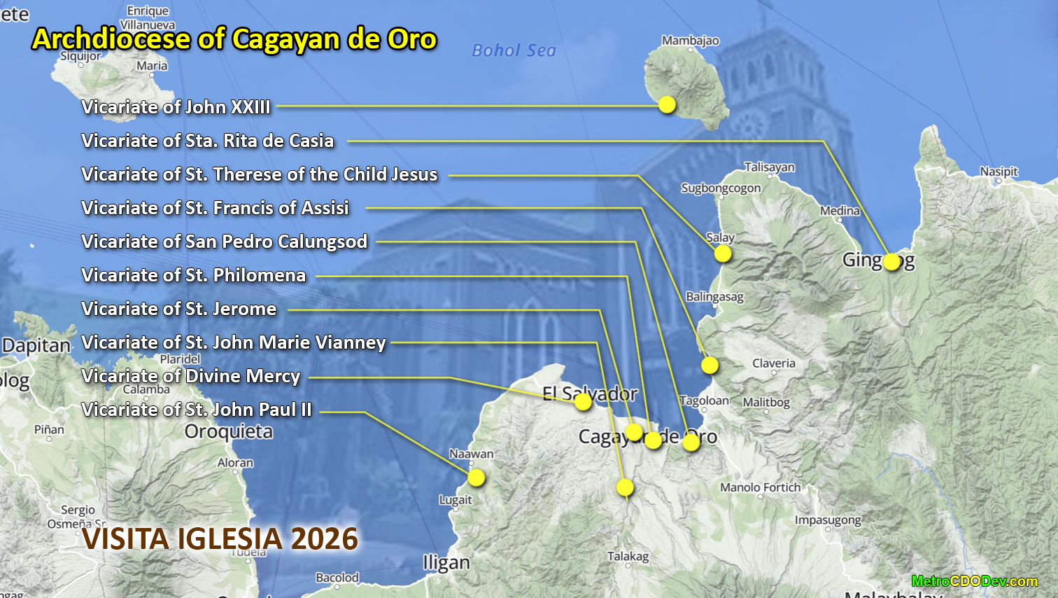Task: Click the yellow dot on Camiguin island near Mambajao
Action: pos(667,104)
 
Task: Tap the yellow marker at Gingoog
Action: pos(891,262)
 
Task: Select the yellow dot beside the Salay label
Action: pos(723,253)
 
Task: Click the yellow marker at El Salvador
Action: pos(583,402)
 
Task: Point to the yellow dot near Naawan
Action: pos(477,478)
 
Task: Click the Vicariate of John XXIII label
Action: pos(176,107)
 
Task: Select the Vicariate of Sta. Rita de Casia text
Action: pos(207,141)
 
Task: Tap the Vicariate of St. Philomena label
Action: pos(193,275)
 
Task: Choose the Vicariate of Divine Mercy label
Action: pos(190,376)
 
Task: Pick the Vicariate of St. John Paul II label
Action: pos(196,410)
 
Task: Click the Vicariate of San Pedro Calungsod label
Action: pos(224,242)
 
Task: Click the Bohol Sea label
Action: pos(514,50)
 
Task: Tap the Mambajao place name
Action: pos(690,41)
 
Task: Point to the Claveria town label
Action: pos(773,363)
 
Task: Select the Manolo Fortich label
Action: pos(760,487)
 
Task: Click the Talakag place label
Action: pos(628,556)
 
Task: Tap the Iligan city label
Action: pos(446,563)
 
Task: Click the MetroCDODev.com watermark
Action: pos(974,581)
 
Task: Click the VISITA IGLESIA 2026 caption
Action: pos(220,539)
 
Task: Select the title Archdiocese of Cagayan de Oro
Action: pos(234,39)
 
